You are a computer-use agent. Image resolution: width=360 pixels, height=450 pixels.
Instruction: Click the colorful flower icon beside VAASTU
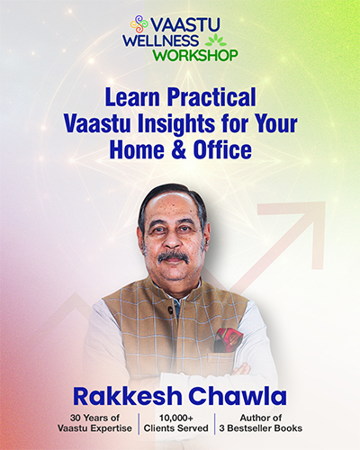[x=139, y=23]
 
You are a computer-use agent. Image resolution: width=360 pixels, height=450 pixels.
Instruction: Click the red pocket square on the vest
[x=229, y=339]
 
